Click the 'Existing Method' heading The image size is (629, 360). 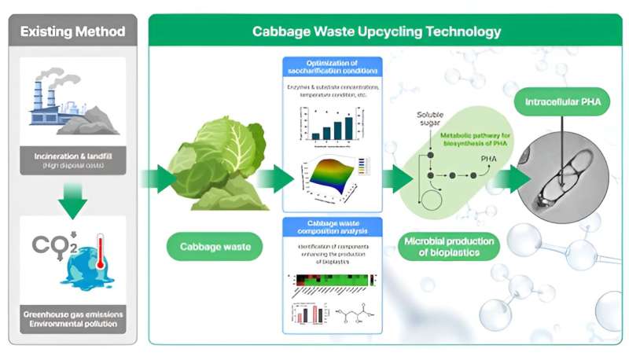click(x=72, y=32)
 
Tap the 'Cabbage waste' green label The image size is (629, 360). click(x=209, y=248)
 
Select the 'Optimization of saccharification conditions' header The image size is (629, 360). click(x=332, y=65)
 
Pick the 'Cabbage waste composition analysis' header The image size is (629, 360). click(x=332, y=226)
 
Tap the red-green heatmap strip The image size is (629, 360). click(x=331, y=279)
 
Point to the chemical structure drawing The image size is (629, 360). click(x=355, y=315)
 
